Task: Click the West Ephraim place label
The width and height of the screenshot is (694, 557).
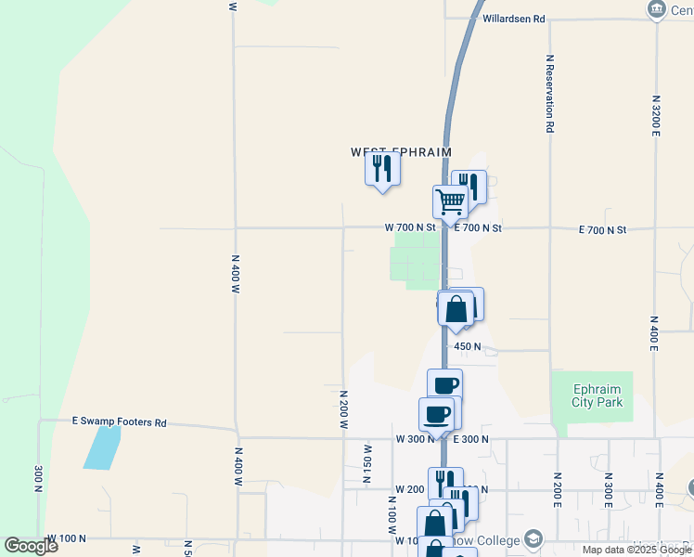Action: tap(401, 151)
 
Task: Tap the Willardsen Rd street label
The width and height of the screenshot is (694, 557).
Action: tap(513, 18)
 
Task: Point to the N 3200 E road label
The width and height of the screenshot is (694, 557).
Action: tap(656, 117)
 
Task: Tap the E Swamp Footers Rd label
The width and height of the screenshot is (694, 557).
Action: tap(120, 422)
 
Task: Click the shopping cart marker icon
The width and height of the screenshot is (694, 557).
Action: tap(450, 201)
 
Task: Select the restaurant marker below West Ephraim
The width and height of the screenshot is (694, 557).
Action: tap(382, 169)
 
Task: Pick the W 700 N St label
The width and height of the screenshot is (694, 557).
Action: tap(410, 227)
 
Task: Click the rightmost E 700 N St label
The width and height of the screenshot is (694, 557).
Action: tap(603, 229)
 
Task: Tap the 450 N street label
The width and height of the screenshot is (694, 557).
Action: tap(467, 346)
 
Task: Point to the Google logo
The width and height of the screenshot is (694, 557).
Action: tap(31, 546)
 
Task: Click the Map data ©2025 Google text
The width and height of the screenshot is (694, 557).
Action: tap(636, 550)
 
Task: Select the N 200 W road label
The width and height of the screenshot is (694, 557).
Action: tap(343, 408)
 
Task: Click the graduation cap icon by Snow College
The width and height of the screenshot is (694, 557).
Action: tap(533, 539)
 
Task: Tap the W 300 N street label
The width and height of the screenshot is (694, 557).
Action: tap(415, 438)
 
